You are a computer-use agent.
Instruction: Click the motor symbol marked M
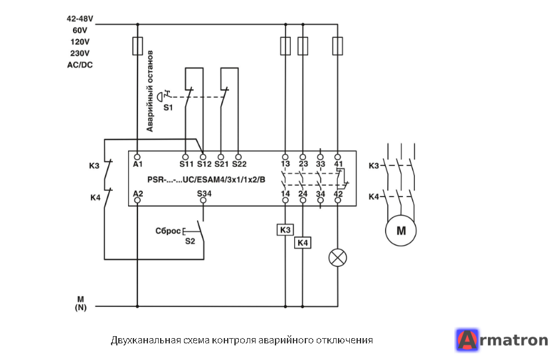pyautogui.click(x=401, y=230)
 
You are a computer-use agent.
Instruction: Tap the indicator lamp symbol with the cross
pyautogui.click(x=338, y=258)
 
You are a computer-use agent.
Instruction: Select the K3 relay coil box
pyautogui.click(x=285, y=230)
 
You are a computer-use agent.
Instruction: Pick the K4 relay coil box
pyautogui.click(x=303, y=243)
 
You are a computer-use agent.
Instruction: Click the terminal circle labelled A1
pyautogui.click(x=137, y=157)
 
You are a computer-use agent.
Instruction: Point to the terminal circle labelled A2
pyautogui.click(x=137, y=201)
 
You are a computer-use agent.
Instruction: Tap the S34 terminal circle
pyautogui.click(x=203, y=201)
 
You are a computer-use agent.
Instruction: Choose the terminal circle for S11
pyautogui.click(x=185, y=157)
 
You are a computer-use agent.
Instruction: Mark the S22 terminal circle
pyautogui.click(x=238, y=157)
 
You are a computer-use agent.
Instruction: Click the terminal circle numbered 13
pyautogui.click(x=285, y=157)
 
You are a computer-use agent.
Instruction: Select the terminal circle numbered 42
pyautogui.click(x=338, y=201)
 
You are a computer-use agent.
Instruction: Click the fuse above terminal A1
pyautogui.click(x=137, y=46)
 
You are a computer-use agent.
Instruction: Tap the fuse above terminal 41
pyautogui.click(x=338, y=46)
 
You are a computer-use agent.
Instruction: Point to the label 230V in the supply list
pyautogui.click(x=80, y=53)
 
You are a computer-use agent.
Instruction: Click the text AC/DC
pyautogui.click(x=80, y=65)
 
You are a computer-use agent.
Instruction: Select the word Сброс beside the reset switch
pyautogui.click(x=168, y=231)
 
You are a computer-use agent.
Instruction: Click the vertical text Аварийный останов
pyautogui.click(x=150, y=91)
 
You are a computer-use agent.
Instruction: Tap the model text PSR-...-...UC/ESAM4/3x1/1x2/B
pyautogui.click(x=206, y=180)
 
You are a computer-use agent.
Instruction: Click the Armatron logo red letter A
pyautogui.click(x=467, y=340)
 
